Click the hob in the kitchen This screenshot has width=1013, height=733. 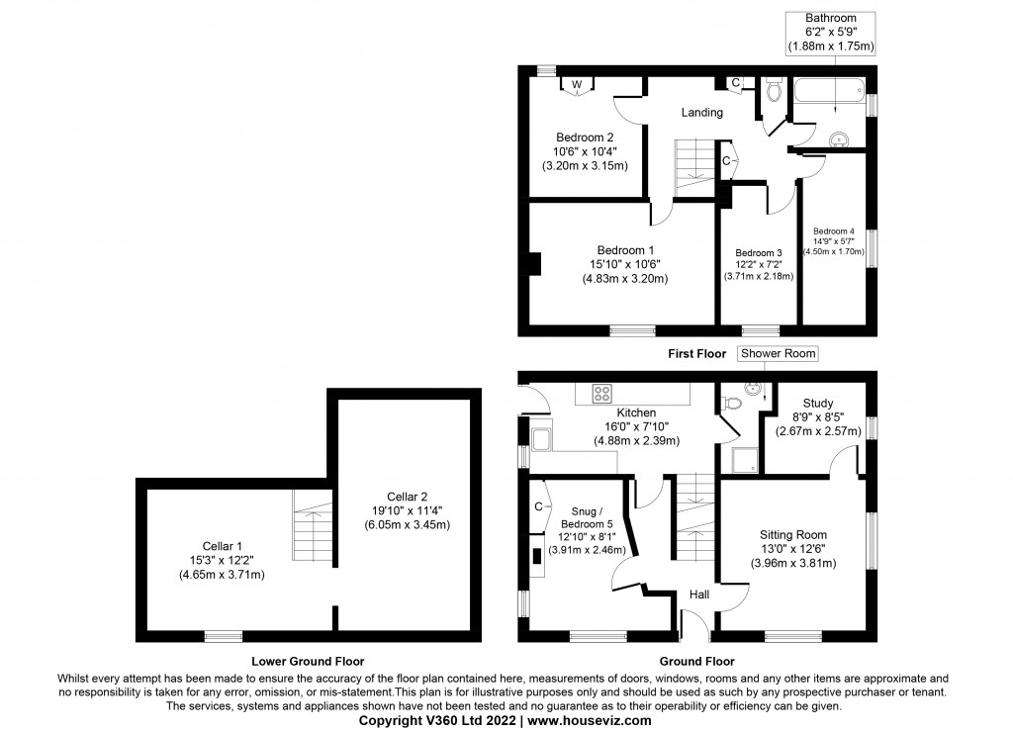tap(601, 393)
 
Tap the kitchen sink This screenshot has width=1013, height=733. tap(543, 440)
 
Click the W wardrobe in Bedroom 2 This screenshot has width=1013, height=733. tap(576, 86)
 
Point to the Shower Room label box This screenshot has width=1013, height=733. tap(779, 353)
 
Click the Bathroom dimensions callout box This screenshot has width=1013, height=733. tap(830, 33)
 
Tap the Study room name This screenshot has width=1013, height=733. tap(817, 403)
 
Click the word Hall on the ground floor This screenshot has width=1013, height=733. tap(698, 595)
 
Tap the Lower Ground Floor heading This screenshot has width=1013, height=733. tap(308, 661)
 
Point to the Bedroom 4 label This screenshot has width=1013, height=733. tap(833, 230)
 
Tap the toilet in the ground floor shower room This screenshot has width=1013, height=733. tap(730, 403)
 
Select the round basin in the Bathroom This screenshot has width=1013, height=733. tap(841, 139)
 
